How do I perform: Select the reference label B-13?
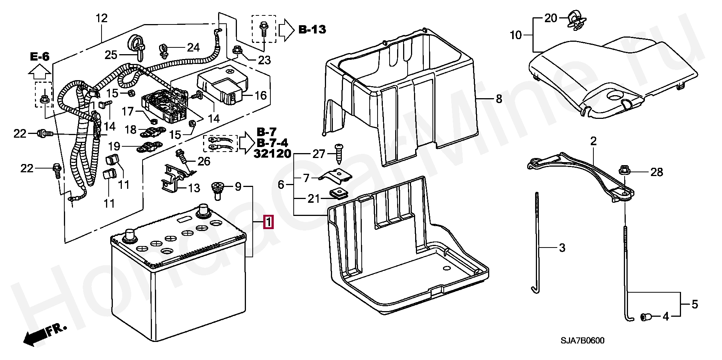click(312, 29)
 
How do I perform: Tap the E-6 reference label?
click(40, 57)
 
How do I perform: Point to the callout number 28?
click(657, 172)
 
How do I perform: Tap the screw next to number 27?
click(339, 154)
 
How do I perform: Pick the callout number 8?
click(499, 99)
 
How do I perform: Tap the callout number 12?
click(102, 18)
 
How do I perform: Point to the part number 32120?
click(273, 153)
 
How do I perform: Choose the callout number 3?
click(562, 248)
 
